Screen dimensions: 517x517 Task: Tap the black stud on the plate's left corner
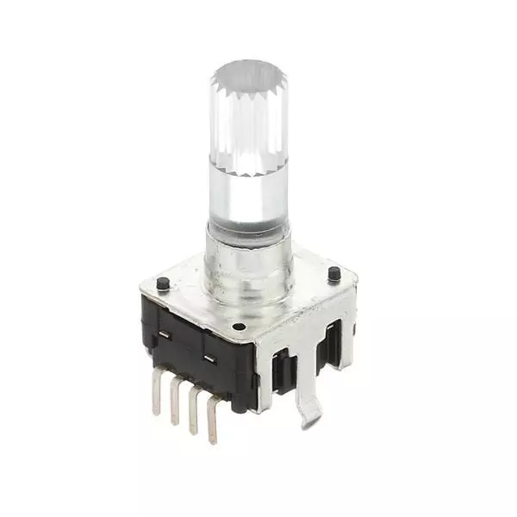point(163,283)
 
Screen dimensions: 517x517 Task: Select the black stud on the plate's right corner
point(333,273)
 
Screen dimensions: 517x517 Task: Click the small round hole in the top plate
point(239,327)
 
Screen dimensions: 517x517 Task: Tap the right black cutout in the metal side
point(328,345)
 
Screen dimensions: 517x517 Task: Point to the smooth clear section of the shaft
point(247,198)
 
